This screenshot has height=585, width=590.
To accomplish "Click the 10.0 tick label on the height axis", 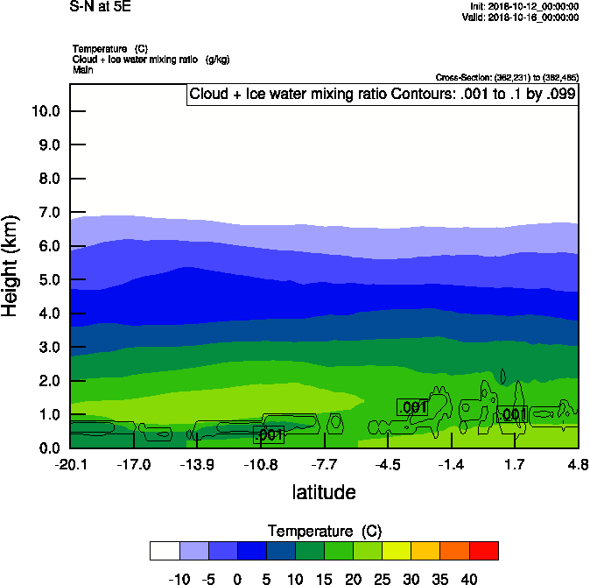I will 45,111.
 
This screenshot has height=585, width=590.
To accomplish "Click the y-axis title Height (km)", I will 11,266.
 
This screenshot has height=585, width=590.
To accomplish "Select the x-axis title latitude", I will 324,492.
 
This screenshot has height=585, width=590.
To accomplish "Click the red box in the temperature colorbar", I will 483,550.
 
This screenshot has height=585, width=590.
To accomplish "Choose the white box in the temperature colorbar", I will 165,550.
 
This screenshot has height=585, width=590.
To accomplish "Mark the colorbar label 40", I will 468,579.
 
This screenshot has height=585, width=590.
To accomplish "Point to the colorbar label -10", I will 180,579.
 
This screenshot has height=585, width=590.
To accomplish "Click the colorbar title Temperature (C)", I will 324,532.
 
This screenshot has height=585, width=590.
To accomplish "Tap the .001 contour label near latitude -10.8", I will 270,434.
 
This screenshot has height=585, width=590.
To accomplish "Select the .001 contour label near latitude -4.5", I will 412,407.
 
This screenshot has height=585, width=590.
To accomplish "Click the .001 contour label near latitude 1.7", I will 513,414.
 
